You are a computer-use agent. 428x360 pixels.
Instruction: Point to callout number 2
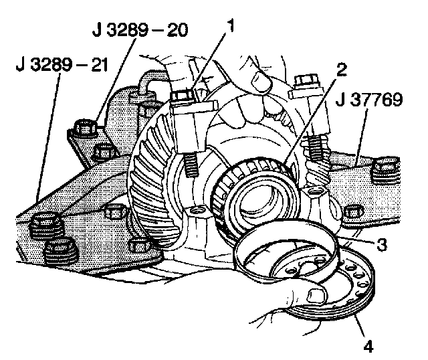tap(341, 68)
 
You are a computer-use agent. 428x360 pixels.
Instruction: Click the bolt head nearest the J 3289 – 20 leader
tap(85, 125)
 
